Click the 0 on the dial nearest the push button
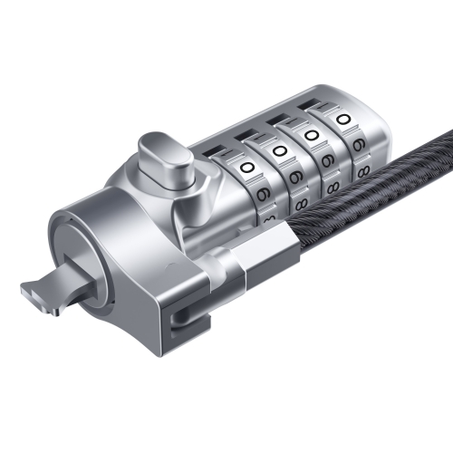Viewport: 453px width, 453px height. click(x=247, y=168)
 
